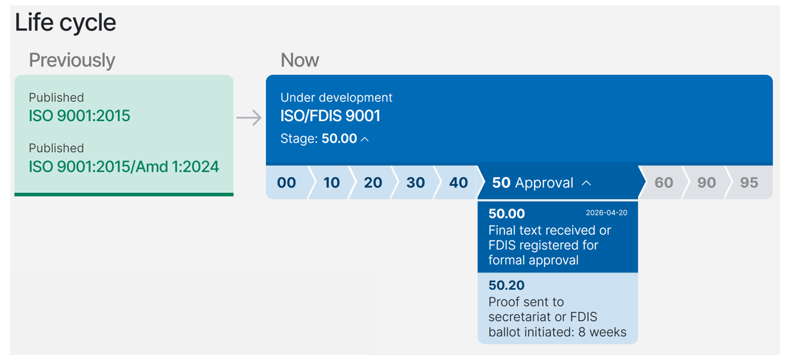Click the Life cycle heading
[x=65, y=23]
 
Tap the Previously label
[x=72, y=60]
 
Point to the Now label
[x=300, y=60]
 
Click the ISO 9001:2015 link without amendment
[x=79, y=116]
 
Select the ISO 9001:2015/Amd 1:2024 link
[x=123, y=167]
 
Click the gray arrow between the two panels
[x=249, y=117]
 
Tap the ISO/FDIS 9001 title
[x=330, y=116]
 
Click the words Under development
[x=336, y=98]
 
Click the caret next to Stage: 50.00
[x=365, y=139]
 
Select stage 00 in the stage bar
[x=286, y=183]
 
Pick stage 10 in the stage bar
[x=331, y=183]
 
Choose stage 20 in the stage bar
[x=373, y=183]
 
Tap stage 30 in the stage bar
[x=415, y=183]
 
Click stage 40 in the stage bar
[x=458, y=183]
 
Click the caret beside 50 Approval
[x=587, y=183]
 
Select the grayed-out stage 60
[x=663, y=183]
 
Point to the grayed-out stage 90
[x=706, y=183]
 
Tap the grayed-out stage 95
[x=749, y=183]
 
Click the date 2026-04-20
[x=606, y=213]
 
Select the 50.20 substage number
[x=506, y=286]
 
